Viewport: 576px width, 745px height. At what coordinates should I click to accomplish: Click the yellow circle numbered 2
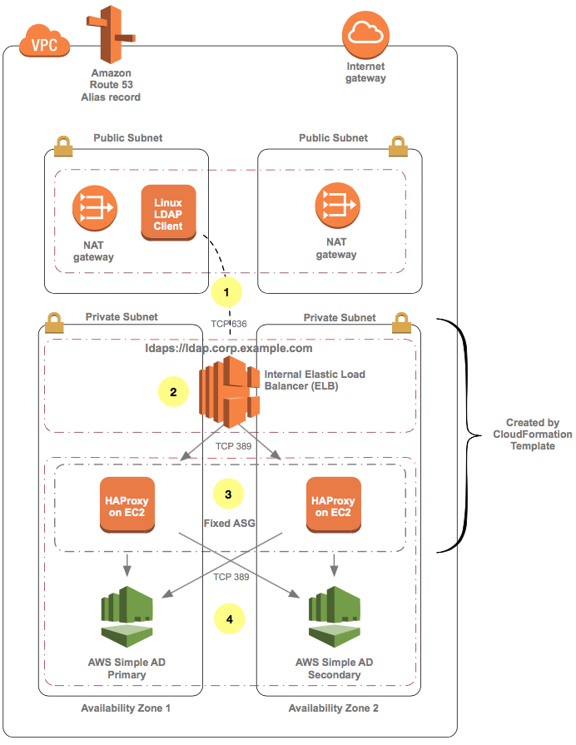tap(173, 391)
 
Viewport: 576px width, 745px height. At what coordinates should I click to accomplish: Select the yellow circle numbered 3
tap(228, 493)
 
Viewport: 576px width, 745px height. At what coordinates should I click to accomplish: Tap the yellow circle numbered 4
tap(230, 618)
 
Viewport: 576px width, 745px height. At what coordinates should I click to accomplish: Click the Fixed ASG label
tap(227, 524)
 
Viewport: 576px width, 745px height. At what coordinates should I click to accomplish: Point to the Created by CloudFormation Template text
tap(532, 435)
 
